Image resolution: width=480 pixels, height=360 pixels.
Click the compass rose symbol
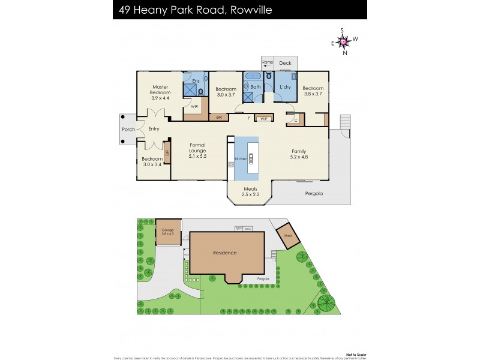pyautogui.click(x=343, y=41)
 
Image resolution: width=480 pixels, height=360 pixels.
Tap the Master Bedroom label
pyautogui.click(x=161, y=89)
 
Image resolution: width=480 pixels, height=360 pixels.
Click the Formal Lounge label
pyautogui.click(x=197, y=148)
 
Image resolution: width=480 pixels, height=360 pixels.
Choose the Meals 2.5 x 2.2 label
pyautogui.click(x=250, y=191)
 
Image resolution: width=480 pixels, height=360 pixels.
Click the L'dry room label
pyautogui.click(x=285, y=88)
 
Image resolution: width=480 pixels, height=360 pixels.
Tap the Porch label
pyautogui.click(x=128, y=129)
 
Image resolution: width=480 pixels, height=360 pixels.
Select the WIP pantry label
pyautogui.click(x=263, y=119)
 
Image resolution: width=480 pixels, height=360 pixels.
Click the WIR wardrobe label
pyautogui.click(x=194, y=106)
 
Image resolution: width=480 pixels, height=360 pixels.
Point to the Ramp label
pyautogui.click(x=267, y=62)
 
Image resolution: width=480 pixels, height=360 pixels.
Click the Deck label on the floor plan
pyautogui.click(x=285, y=62)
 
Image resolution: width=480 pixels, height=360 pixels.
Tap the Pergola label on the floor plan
pyautogui.click(x=313, y=193)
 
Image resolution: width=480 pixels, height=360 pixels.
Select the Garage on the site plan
pyautogui.click(x=167, y=232)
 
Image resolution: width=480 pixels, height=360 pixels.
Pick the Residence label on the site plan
pyautogui.click(x=225, y=253)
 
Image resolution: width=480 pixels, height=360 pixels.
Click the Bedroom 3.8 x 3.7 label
pyautogui.click(x=313, y=90)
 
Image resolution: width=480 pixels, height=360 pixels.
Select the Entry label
pyautogui.click(x=154, y=129)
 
